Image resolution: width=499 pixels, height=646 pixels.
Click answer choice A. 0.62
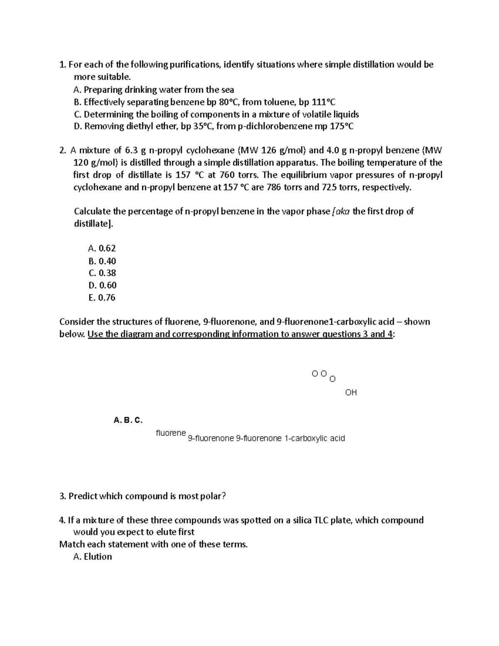tap(102, 248)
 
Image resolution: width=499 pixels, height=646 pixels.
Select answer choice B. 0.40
tap(102, 261)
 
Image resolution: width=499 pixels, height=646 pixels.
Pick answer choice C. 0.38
tap(102, 273)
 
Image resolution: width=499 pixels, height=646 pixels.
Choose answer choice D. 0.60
tap(102, 285)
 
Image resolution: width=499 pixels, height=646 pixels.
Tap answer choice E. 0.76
tap(102, 297)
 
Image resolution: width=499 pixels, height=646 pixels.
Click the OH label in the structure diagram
tap(351, 392)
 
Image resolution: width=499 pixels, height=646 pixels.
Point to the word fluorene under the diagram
tap(170, 433)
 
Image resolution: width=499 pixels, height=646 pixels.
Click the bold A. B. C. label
tap(128, 420)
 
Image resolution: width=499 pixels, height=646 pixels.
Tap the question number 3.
tap(62, 496)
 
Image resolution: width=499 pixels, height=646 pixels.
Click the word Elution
tap(98, 557)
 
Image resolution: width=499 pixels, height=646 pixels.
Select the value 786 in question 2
tap(274, 187)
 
